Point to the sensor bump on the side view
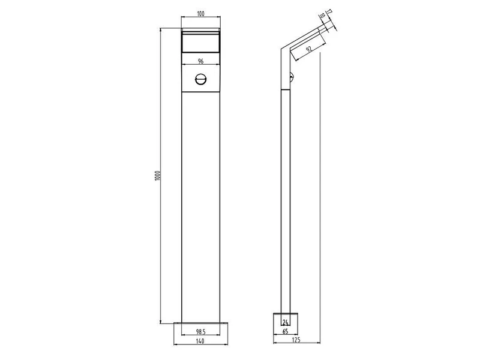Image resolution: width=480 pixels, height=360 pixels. [292, 77]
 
